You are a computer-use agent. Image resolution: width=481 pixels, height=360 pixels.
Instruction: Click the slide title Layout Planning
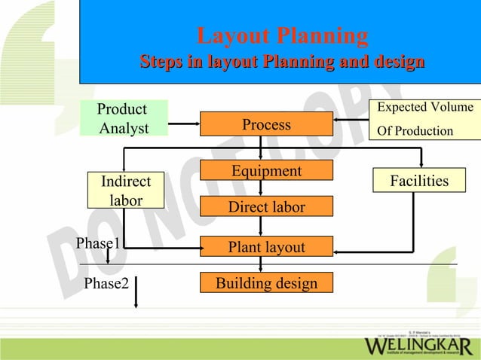click(282, 35)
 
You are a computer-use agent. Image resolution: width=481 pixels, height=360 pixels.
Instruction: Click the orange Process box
click(266, 124)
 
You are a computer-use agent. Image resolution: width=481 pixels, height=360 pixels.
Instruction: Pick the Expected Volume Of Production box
click(424, 119)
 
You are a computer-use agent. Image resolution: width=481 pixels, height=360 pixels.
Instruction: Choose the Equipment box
click(266, 171)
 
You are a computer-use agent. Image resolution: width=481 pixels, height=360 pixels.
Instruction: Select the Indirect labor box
click(126, 191)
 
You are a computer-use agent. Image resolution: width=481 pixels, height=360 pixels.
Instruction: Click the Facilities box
click(418, 181)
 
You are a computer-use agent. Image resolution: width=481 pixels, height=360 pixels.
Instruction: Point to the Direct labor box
click(266, 206)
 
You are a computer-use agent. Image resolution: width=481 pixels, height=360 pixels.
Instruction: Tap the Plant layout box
click(266, 247)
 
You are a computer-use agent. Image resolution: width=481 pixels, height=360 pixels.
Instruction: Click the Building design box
click(266, 283)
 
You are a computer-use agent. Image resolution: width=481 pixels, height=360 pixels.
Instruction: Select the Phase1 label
click(98, 243)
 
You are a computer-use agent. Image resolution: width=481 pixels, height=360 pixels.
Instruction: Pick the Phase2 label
click(106, 283)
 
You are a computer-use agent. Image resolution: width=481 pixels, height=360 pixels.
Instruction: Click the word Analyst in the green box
click(124, 128)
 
